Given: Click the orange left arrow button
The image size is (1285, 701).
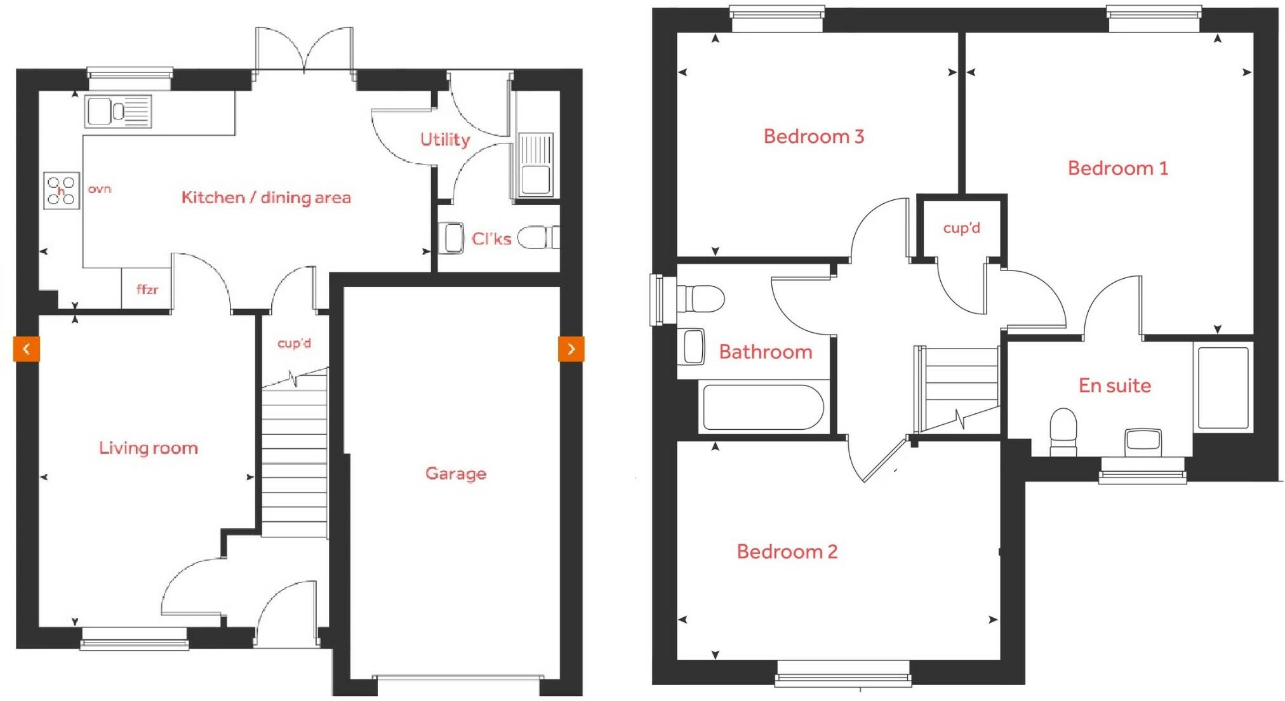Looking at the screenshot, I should pyautogui.click(x=27, y=349).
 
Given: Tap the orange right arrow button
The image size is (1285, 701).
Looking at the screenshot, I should pyautogui.click(x=571, y=349).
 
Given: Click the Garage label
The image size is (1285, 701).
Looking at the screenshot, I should pyautogui.click(x=456, y=474).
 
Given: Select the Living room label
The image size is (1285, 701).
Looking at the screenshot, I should pyautogui.click(x=149, y=448).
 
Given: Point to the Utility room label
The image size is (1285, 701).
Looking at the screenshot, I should pyautogui.click(x=445, y=140).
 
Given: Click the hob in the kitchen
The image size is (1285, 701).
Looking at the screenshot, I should pyautogui.click(x=62, y=190).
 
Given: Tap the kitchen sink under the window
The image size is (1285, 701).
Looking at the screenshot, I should pyautogui.click(x=118, y=112).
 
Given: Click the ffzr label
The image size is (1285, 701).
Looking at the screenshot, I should pyautogui.click(x=147, y=290).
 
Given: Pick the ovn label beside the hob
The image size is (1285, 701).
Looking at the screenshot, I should pyautogui.click(x=100, y=189).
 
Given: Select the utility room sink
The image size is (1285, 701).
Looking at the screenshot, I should pyautogui.click(x=536, y=165).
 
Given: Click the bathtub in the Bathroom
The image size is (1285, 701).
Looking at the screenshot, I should pyautogui.click(x=763, y=407).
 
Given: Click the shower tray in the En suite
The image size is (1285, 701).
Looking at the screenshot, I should pyautogui.click(x=1223, y=387).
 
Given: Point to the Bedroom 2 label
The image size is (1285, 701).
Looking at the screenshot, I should pyautogui.click(x=787, y=552).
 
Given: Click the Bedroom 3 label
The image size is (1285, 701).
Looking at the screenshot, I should pyautogui.click(x=814, y=137).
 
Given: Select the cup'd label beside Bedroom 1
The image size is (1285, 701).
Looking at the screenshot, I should pyautogui.click(x=961, y=228).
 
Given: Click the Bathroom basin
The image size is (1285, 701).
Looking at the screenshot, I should pyautogui.click(x=694, y=346).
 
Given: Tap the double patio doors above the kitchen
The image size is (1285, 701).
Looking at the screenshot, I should pyautogui.click(x=304, y=51).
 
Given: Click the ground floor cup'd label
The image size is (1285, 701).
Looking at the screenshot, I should pyautogui.click(x=295, y=344).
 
